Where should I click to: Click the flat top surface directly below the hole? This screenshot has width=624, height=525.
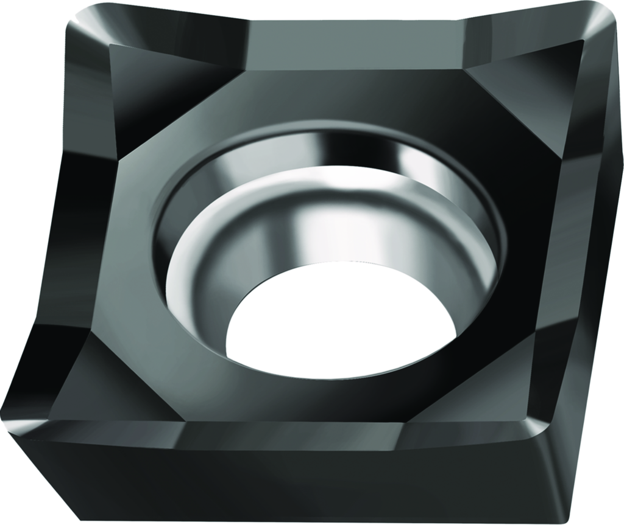[x=305, y=395]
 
